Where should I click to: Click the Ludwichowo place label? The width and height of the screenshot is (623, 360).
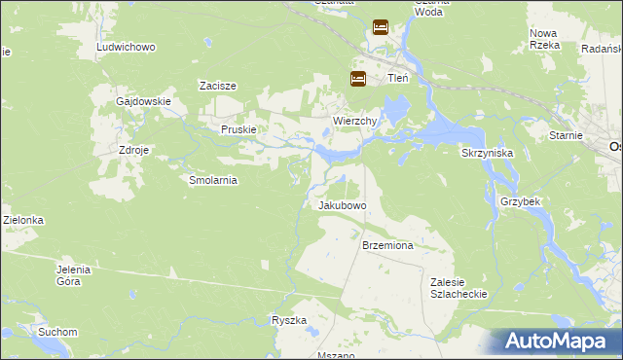click(x=127, y=47)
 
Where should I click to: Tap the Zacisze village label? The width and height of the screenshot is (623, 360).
click(x=218, y=86)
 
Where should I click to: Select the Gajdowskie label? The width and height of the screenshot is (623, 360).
click(x=143, y=101)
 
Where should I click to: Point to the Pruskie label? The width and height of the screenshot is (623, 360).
click(x=238, y=129)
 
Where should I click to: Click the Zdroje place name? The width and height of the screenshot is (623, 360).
click(x=133, y=152)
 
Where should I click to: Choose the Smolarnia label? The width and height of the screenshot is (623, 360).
click(x=213, y=180)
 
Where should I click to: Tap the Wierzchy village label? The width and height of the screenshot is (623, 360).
click(x=348, y=121)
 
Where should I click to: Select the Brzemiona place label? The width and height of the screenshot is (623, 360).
click(x=388, y=246)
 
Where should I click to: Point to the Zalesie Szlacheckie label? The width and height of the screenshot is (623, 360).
click(x=458, y=287)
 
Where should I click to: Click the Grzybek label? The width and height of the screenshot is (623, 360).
click(x=520, y=200)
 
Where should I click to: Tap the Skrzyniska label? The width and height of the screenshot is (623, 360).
click(x=487, y=154)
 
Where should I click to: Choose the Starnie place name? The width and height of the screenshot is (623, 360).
click(x=565, y=136)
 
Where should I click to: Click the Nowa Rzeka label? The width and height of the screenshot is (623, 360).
click(x=543, y=39)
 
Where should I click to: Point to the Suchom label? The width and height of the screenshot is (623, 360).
click(x=57, y=332)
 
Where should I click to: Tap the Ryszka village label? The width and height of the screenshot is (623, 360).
click(x=289, y=320)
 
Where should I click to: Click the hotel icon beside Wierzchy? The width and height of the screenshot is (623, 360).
click(x=358, y=80)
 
